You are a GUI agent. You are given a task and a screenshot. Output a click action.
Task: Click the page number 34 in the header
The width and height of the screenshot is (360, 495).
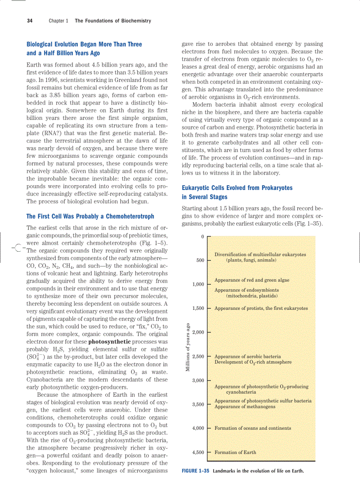30,21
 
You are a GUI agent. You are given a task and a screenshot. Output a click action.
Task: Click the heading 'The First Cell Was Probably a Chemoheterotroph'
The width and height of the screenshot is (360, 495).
90,216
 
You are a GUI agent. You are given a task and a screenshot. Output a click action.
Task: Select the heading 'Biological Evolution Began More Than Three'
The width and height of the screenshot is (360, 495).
84,45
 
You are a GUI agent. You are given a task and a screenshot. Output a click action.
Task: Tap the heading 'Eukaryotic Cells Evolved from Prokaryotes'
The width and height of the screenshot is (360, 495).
237,188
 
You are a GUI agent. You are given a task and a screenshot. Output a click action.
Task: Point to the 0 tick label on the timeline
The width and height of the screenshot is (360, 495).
202,237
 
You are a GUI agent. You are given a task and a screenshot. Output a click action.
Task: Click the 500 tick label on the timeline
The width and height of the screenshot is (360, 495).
200,260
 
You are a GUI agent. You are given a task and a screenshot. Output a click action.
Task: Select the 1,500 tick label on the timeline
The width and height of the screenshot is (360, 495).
198,308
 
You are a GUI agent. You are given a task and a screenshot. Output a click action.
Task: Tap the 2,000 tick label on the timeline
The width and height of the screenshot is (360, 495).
198,332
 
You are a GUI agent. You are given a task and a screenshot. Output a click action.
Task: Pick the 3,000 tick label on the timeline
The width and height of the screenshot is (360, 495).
198,380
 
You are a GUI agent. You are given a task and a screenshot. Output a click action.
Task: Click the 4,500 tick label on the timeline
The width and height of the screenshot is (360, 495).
198,452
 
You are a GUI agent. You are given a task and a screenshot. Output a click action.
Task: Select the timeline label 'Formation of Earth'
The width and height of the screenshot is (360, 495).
235,452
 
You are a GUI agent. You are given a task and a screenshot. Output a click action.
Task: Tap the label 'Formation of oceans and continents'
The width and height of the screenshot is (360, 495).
253,428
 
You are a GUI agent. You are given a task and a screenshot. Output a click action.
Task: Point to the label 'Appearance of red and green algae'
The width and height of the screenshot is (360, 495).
252,280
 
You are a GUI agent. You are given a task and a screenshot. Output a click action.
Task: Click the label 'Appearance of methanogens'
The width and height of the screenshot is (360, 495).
245,406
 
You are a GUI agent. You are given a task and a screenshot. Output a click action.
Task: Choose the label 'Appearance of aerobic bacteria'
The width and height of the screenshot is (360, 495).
247,356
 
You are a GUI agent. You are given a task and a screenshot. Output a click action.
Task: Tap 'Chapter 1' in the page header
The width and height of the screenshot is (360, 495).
58,21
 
